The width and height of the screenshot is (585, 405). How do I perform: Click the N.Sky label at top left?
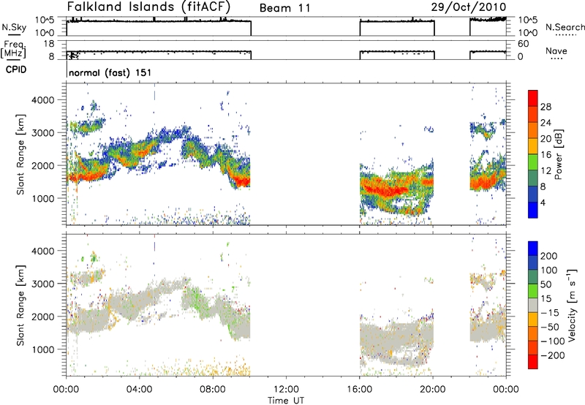pos(11,27)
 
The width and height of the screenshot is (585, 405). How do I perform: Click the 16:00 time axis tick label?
pos(360,389)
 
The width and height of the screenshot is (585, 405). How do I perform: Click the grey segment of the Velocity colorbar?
pos(534,303)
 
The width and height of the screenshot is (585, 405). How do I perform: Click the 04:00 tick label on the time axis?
pos(139,389)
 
